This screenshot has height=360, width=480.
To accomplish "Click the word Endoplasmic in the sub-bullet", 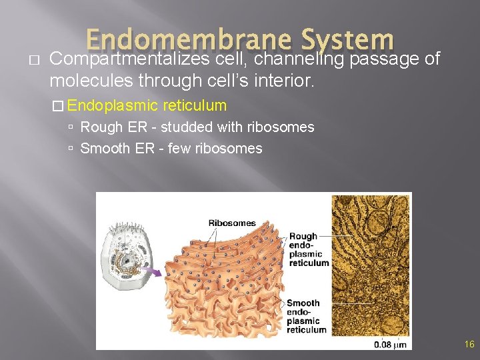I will pos(112,105).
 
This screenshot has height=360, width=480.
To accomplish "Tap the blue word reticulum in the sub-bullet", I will pos(195,105).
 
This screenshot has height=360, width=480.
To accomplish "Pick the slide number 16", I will pos(469,344).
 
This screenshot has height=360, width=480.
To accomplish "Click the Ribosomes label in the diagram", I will pos(232,223).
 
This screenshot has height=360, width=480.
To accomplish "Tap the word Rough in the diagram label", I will pos(304,237).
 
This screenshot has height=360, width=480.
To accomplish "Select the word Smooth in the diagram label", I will pos(303,303).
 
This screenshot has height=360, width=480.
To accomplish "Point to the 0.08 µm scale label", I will pos(389,344).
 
